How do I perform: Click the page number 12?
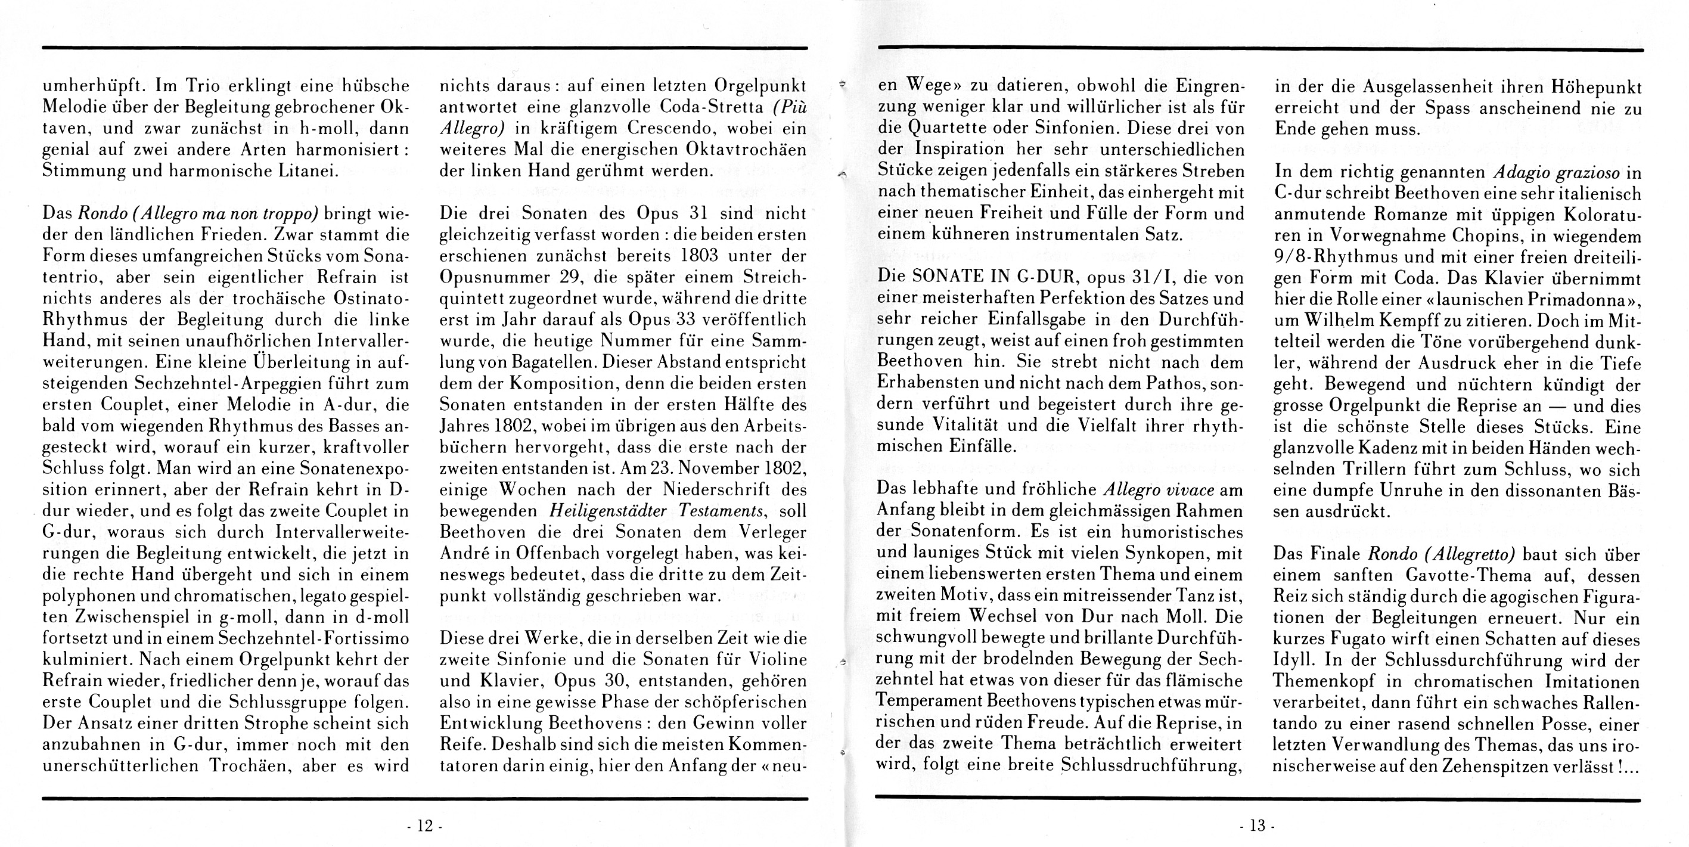(x=425, y=826)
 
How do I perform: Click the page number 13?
(x=1257, y=826)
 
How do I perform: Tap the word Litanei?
(x=308, y=171)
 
